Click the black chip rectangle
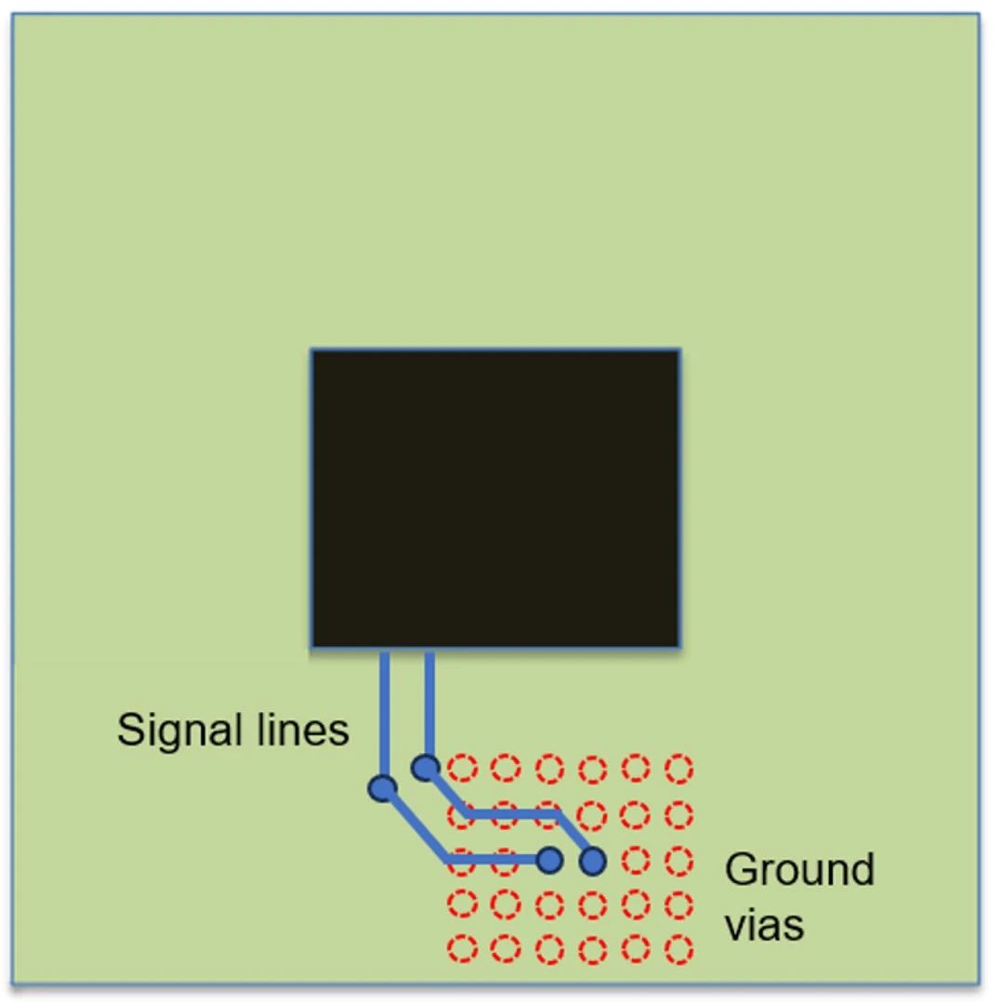(495, 497)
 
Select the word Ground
(799, 870)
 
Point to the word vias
(764, 925)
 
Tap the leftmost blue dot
(382, 789)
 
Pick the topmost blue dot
(426, 768)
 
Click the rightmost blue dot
(592, 862)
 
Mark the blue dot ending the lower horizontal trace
(550, 860)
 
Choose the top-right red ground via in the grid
(680, 769)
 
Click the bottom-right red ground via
(680, 949)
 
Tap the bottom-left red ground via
(462, 949)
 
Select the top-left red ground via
(462, 769)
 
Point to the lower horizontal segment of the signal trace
(493, 860)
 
